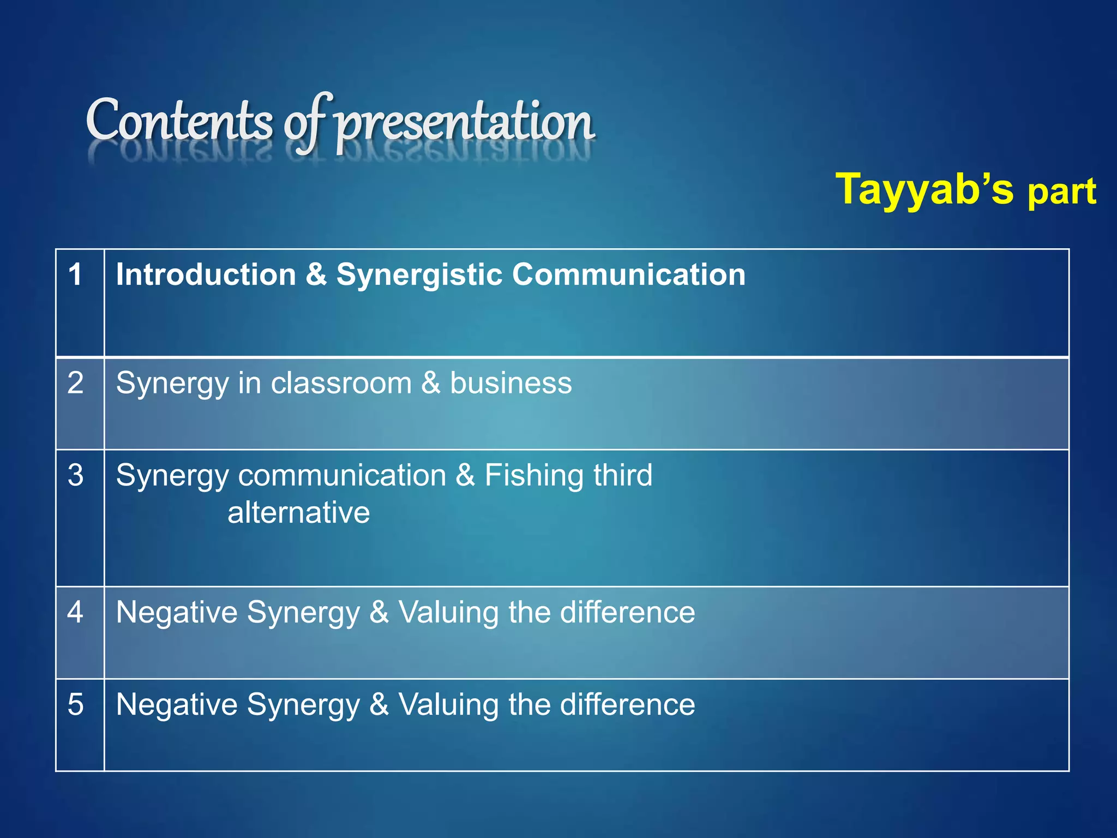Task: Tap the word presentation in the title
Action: (464, 123)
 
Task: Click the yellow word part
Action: (1061, 192)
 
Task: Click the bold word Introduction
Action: (206, 274)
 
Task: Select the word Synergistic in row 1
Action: (419, 274)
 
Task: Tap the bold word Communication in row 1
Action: (628, 274)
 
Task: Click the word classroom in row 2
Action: (341, 382)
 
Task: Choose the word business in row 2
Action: (511, 382)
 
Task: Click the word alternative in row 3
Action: (298, 513)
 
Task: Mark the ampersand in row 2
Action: (430, 382)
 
